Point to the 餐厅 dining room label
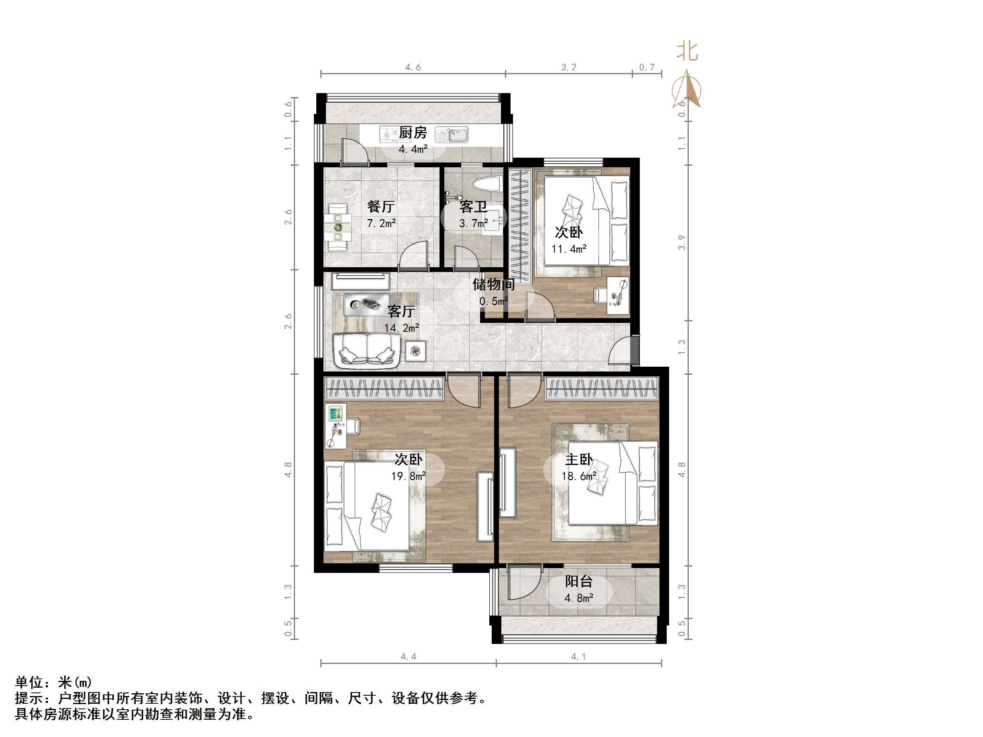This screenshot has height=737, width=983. tap(381, 207)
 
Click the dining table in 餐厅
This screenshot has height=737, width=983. tap(338, 228)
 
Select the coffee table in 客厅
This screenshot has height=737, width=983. tap(366, 305)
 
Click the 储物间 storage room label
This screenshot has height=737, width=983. tap(493, 284)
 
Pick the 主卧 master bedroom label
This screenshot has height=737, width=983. tap(579, 459)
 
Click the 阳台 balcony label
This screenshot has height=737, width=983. tap(579, 581)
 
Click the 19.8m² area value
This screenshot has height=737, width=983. tap(408, 476)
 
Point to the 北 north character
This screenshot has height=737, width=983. tap(687, 51)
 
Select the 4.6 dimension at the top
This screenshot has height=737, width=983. tap(413, 67)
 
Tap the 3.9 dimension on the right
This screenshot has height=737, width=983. tap(682, 243)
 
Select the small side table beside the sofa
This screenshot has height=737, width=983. tap(415, 351)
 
